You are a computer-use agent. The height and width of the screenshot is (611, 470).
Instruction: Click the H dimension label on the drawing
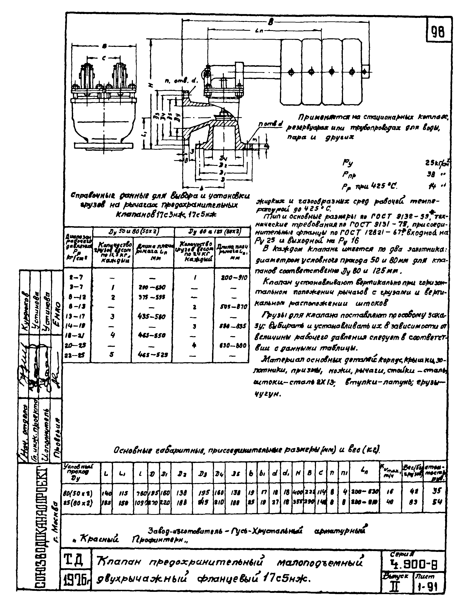(x=151, y=86)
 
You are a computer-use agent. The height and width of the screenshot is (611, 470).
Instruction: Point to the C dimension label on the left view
(x=104, y=58)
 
